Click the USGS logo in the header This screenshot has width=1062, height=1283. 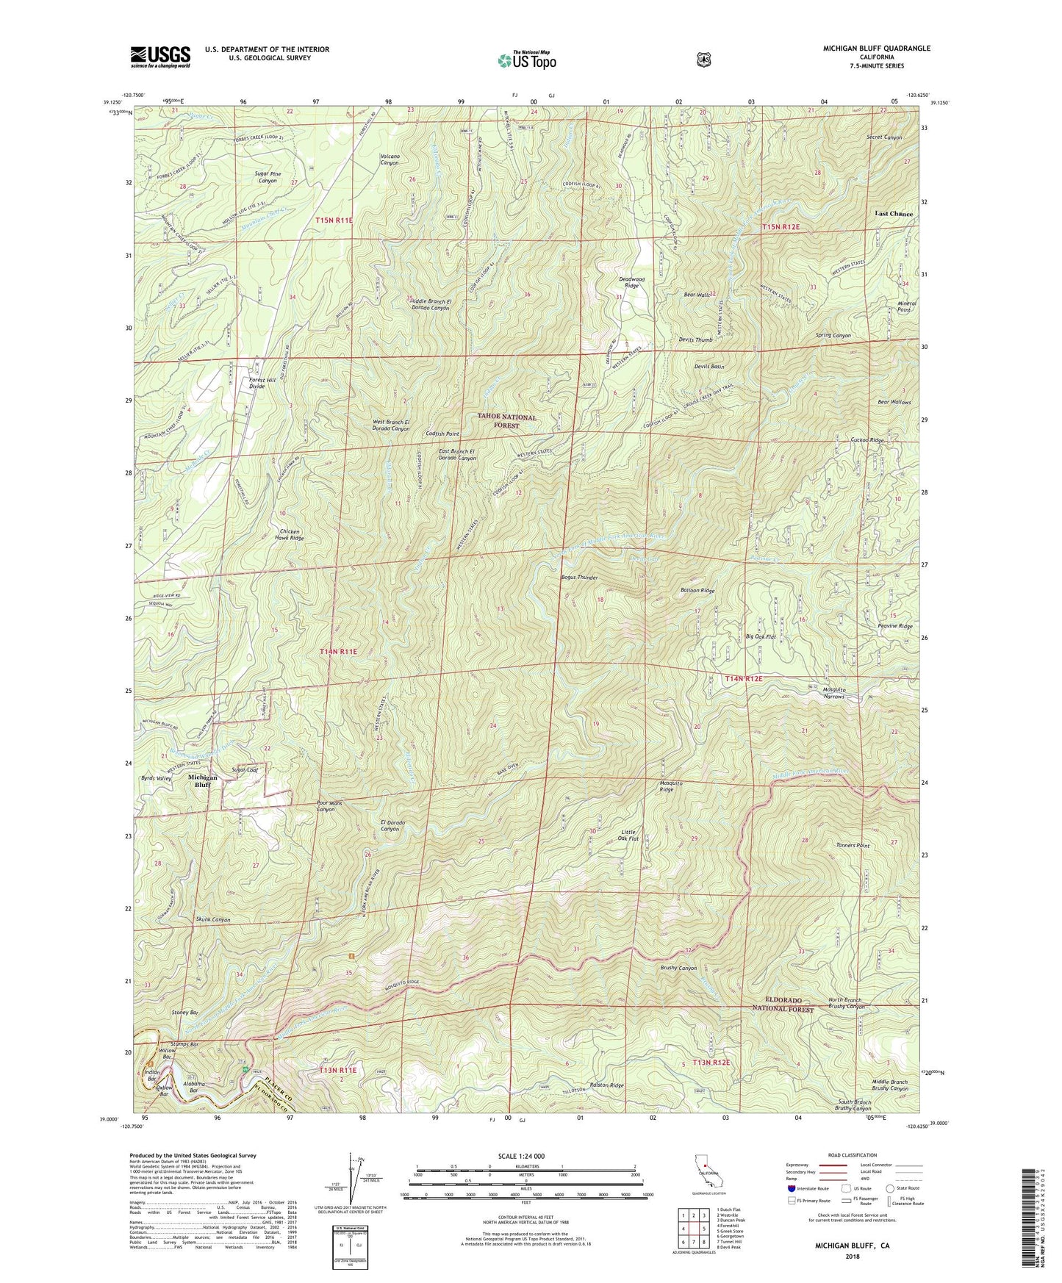tap(160, 57)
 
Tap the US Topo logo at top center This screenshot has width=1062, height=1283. tap(525, 60)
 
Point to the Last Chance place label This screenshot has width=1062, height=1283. tap(893, 214)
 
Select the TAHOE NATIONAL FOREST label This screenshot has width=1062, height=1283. tap(506, 420)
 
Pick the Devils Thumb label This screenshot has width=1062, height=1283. tap(695, 340)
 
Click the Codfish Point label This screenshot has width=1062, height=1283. tap(442, 434)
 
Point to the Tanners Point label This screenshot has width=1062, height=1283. tap(853, 846)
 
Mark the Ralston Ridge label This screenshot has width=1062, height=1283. tap(607, 1085)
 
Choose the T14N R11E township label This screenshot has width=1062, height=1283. tap(338, 651)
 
